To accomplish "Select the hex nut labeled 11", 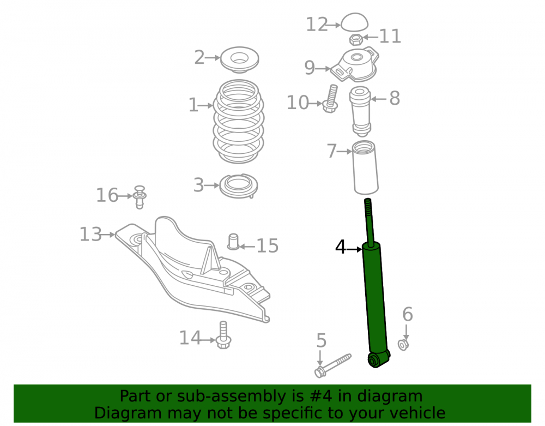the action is [356, 39].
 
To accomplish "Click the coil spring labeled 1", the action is [239, 122].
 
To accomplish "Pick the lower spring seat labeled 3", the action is [239, 185].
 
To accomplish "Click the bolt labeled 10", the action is [331, 99].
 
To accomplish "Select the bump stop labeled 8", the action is [360, 111].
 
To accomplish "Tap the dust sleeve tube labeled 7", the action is [365, 167].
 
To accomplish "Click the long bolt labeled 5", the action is [332, 365].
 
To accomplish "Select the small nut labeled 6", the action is [403, 345].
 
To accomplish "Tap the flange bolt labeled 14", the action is [223, 335].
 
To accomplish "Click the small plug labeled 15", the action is [233, 241].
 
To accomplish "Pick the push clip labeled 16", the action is [140, 197].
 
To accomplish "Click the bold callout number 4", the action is [341, 247].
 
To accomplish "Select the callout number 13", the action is [90, 235].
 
